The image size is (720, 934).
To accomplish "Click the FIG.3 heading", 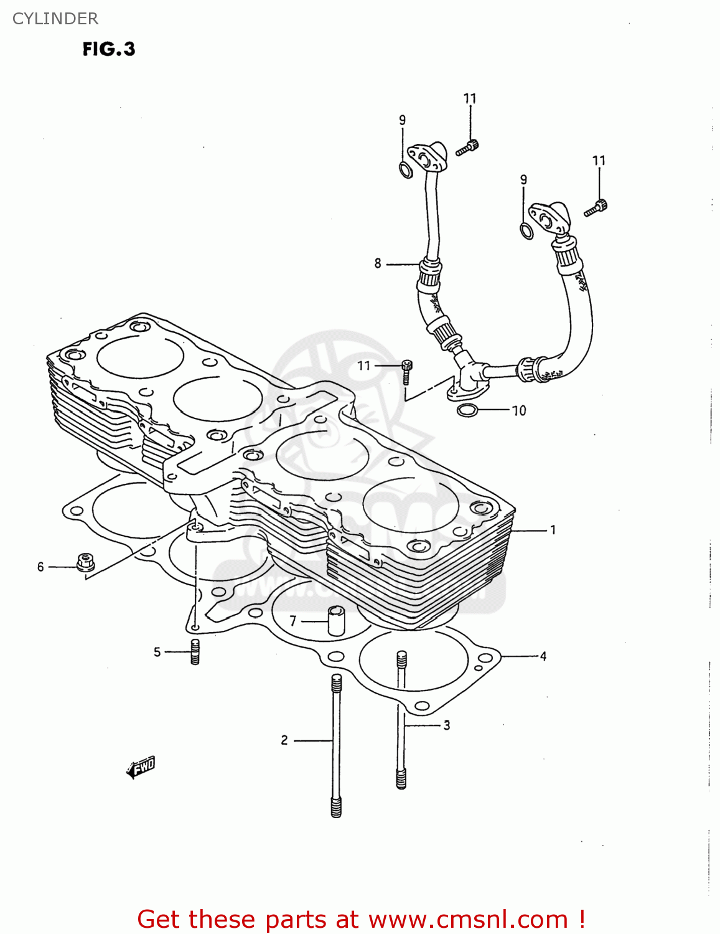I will (x=109, y=49).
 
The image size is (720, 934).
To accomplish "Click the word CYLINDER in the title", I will (x=55, y=19).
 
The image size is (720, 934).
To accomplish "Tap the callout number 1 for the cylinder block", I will (x=553, y=530).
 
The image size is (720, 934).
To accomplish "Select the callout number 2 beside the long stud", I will (x=284, y=740).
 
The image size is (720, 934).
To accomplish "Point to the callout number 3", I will (x=446, y=725).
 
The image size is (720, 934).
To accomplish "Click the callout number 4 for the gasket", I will (x=543, y=656).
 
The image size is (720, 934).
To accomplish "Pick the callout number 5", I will (x=157, y=651).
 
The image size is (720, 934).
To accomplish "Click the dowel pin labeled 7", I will (x=336, y=620).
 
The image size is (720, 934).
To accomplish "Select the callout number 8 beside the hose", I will (x=378, y=263).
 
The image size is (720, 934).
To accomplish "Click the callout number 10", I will (x=518, y=410).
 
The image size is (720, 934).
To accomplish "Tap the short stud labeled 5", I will (x=195, y=651).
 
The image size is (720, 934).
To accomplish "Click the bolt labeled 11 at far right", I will (x=596, y=208).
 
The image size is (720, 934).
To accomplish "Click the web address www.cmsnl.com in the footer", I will (x=468, y=919).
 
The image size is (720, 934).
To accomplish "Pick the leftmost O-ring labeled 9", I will (x=405, y=169).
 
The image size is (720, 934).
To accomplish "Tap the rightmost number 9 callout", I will (x=523, y=179).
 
